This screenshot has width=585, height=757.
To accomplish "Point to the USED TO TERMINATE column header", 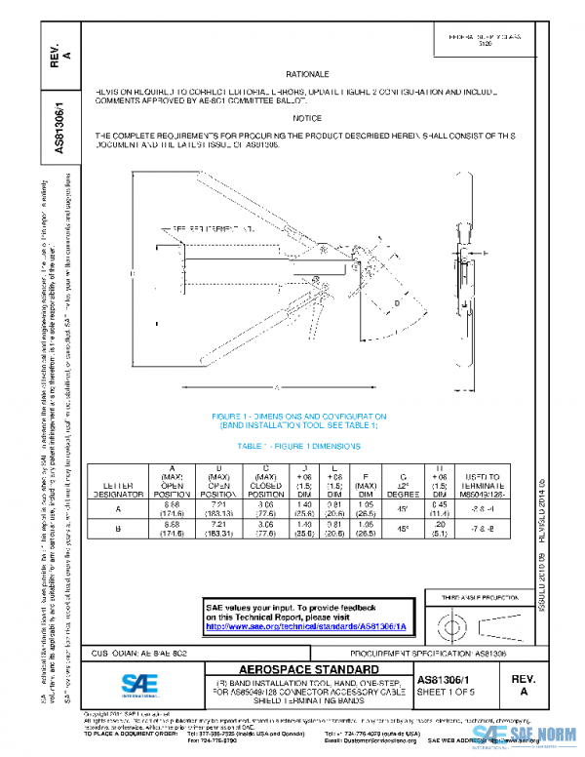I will click(478, 484).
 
